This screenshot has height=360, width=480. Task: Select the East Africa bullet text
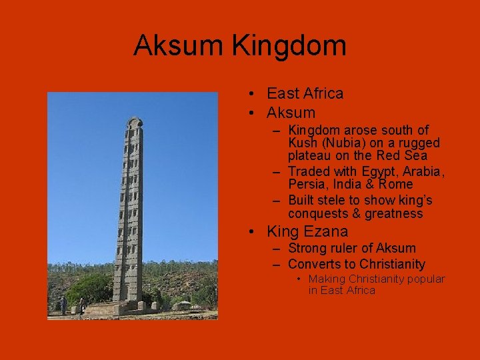pos(305,93)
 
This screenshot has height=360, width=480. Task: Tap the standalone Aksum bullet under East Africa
pos(291,113)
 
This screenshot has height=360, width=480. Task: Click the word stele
pos(335,200)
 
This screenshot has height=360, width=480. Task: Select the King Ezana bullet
pos(307,232)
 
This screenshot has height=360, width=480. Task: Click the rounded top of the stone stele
pos(134,123)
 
